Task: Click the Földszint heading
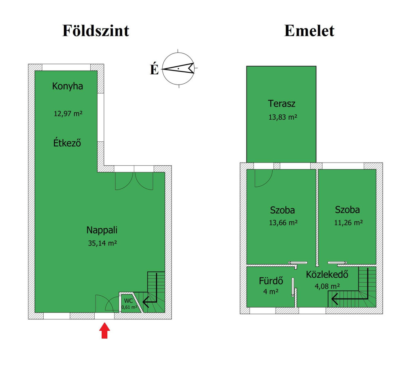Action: [96, 31]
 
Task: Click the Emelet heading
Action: [309, 31]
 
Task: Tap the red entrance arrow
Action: [104, 330]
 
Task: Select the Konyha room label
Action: [67, 86]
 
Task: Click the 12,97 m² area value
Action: [68, 114]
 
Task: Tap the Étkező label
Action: [67, 143]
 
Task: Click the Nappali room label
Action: [102, 230]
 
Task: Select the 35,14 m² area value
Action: [102, 243]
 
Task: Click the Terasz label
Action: [282, 103]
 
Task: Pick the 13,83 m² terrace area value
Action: [282, 117]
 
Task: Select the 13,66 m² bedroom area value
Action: [283, 223]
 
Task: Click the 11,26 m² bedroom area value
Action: [349, 223]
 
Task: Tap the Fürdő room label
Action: [271, 281]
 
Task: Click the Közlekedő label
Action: [327, 274]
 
